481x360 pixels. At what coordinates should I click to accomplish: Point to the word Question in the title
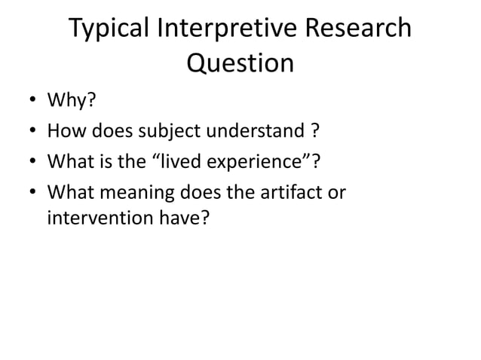click(x=240, y=63)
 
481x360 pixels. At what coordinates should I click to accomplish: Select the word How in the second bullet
click(x=64, y=132)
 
